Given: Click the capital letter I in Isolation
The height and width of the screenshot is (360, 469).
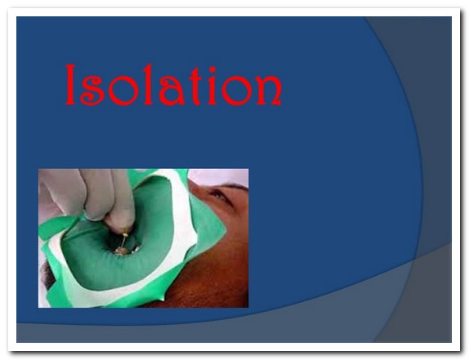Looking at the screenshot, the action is click(x=70, y=84).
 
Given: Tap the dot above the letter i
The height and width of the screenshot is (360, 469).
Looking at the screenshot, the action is click(x=212, y=69).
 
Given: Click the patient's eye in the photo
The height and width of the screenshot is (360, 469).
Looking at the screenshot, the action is click(x=221, y=196).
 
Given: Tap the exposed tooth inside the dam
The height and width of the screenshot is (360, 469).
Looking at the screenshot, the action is click(x=122, y=251).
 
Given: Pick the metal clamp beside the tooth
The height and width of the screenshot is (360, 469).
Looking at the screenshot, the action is click(x=135, y=249).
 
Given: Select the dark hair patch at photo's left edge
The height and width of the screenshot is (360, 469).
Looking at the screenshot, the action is click(x=47, y=273).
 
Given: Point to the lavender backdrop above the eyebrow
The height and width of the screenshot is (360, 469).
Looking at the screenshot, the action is click(x=221, y=176).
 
